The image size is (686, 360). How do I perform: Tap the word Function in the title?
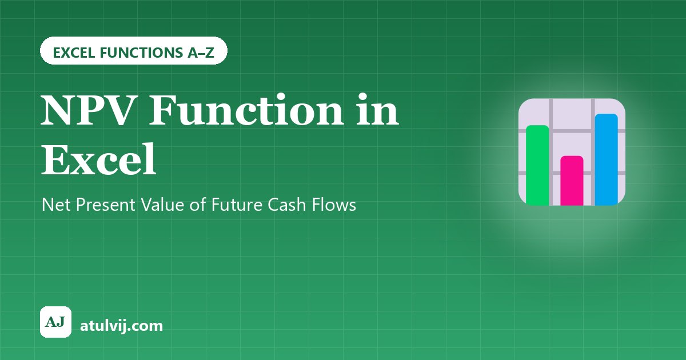[246, 109]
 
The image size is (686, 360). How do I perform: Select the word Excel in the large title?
[98, 159]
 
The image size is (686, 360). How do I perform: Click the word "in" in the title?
[377, 109]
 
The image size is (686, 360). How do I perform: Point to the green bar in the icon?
[537, 165]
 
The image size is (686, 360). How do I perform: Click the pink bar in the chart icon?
[572, 181]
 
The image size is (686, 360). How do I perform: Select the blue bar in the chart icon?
[607, 159]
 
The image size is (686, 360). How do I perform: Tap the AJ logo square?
[56, 322]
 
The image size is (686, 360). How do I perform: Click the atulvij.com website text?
[121, 326]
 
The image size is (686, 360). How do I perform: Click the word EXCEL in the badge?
[74, 53]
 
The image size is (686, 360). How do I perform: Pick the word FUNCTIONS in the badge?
[141, 53]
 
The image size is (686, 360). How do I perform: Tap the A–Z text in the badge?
[201, 53]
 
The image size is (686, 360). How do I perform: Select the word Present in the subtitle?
[105, 205]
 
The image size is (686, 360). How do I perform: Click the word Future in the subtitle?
[237, 205]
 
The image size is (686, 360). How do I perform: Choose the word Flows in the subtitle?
[334, 205]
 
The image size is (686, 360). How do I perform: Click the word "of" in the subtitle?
[198, 205]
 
